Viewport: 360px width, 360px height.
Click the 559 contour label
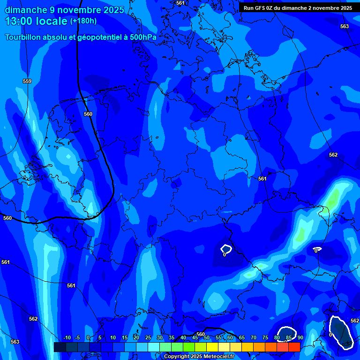point(27,81)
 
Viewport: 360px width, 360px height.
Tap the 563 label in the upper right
point(345,26)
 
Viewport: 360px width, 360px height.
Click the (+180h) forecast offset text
point(83,21)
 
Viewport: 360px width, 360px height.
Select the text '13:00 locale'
point(36,21)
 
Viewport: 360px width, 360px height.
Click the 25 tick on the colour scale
point(148,337)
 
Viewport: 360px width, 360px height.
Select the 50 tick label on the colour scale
point(206,337)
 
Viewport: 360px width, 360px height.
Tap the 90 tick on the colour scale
point(300,337)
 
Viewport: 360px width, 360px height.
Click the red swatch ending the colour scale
point(294,347)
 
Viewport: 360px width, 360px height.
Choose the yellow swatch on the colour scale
point(212,347)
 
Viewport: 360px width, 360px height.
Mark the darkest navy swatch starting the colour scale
point(60,347)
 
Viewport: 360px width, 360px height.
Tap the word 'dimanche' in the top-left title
point(25,10)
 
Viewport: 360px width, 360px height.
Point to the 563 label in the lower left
point(15,342)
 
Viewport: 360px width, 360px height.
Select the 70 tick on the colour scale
point(253,337)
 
